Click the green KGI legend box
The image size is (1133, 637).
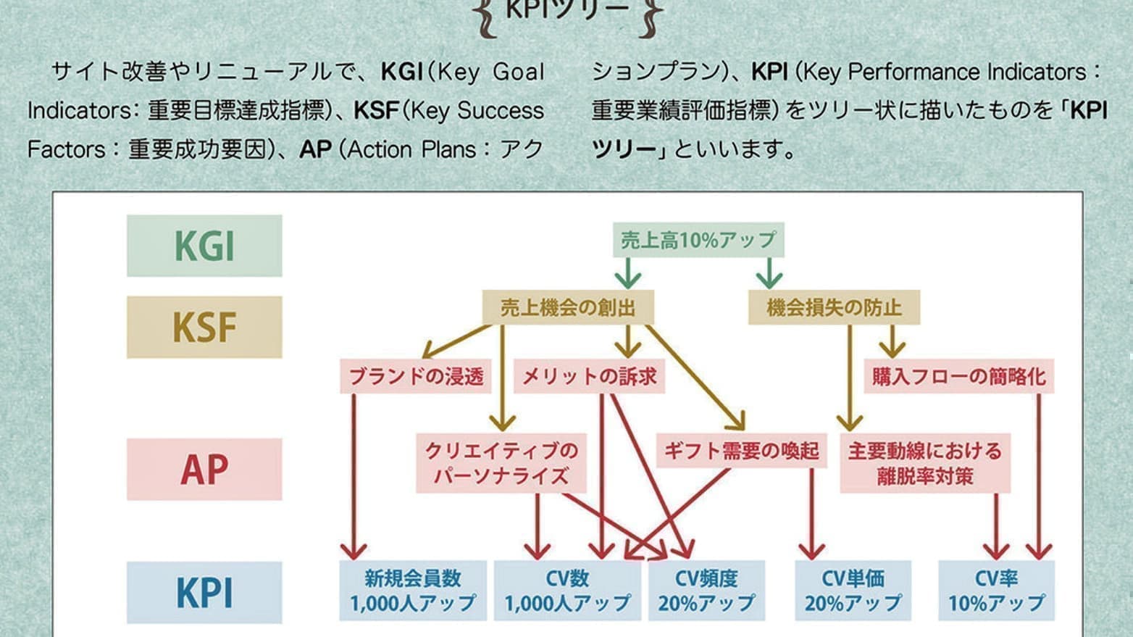204,246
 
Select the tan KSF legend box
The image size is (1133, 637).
204,327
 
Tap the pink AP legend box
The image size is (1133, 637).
204,469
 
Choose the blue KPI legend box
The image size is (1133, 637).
204,592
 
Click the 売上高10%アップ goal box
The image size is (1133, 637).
698,240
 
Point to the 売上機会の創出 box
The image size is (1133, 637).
568,308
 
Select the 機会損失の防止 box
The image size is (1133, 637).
834,308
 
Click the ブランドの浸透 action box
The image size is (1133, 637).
416,377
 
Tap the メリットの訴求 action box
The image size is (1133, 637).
589,377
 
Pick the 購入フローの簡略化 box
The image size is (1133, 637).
958,377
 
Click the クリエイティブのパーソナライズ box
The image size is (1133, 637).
501,463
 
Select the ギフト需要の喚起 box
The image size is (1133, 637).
741,451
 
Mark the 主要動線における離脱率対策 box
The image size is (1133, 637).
925,463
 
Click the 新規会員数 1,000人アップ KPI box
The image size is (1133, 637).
413,591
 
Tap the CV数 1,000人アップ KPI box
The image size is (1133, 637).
567,591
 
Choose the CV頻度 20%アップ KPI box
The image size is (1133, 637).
706,591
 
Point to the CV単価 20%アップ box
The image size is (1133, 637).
853,591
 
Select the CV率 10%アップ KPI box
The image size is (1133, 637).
996,591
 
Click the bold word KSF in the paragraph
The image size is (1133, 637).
376,110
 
